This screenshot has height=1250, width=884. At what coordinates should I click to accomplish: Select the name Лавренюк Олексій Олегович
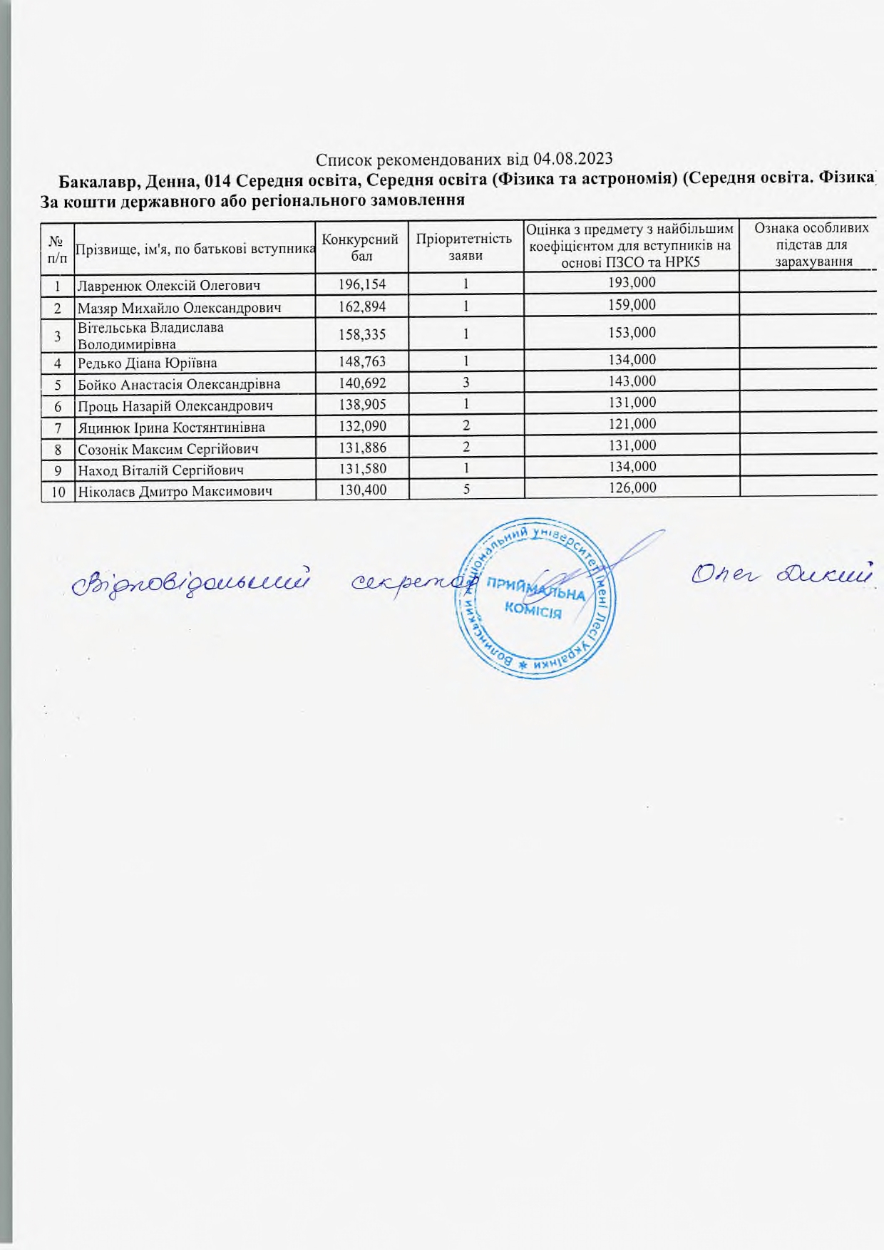(x=168, y=286)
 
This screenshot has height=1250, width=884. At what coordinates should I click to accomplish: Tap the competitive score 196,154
(x=362, y=284)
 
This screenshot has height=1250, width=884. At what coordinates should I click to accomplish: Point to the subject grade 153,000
(x=632, y=333)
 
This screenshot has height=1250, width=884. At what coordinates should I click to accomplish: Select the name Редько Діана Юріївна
(x=147, y=363)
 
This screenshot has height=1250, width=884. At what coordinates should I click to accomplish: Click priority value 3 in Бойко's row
(x=466, y=383)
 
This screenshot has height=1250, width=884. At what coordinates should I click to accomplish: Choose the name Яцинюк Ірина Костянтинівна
(x=171, y=428)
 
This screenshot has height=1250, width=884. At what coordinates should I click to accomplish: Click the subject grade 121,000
(x=632, y=424)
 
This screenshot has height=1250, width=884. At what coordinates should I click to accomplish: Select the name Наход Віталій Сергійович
(x=161, y=470)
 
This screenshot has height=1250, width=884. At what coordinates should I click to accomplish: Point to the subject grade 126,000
(x=632, y=488)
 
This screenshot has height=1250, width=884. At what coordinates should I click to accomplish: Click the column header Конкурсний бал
(x=361, y=247)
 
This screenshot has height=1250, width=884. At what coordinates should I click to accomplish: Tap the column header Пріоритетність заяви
(x=465, y=247)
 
